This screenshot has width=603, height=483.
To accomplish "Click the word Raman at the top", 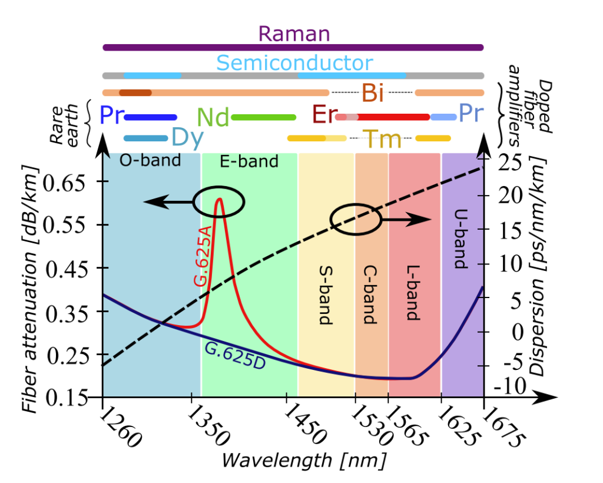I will point(294,34).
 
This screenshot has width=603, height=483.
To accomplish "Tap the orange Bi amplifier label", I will point(372,92).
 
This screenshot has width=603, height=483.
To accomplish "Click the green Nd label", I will point(213,117).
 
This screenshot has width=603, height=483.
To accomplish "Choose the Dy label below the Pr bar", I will point(187,138).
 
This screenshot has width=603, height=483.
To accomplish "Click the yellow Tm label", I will point(383,140).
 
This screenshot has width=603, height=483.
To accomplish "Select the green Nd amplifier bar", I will point(263,117).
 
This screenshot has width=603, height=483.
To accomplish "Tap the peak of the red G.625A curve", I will point(219,199).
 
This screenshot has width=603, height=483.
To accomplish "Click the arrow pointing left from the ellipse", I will point(168,202).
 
